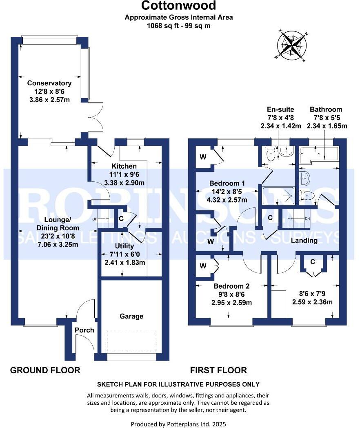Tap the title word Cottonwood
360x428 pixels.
tap(179, 6)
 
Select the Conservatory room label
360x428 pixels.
tap(49, 83)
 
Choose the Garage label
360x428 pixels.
tap(131, 316)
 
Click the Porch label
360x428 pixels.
tap(84, 330)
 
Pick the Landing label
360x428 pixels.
tap(304, 241)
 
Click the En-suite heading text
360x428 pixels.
tap(280, 109)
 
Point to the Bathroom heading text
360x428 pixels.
tap(326, 109)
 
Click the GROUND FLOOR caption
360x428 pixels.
tap(45, 370)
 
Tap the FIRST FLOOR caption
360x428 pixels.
tap(218, 370)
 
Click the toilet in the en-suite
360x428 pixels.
tap(270, 154)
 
